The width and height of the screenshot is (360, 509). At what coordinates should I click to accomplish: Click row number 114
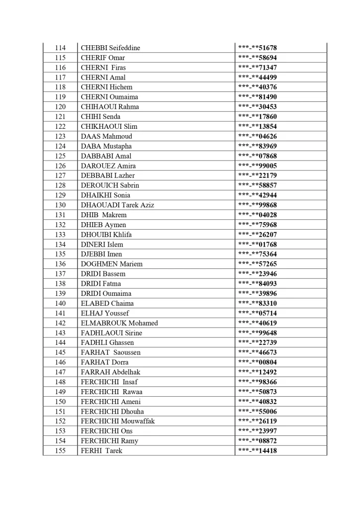click(60, 48)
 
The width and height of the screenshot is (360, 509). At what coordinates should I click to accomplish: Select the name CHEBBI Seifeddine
click(110, 48)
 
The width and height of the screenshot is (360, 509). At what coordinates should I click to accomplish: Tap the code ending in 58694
click(258, 58)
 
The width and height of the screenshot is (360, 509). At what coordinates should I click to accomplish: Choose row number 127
click(60, 175)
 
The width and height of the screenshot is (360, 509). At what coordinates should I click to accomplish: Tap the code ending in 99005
click(258, 166)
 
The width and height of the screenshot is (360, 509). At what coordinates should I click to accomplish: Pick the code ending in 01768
click(258, 244)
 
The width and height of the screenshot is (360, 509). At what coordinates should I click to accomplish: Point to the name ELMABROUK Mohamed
click(119, 323)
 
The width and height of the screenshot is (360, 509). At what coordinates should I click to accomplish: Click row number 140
click(60, 303)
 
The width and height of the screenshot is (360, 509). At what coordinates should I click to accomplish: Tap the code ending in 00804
click(258, 362)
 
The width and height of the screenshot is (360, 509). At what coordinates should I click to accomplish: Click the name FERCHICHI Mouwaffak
click(118, 421)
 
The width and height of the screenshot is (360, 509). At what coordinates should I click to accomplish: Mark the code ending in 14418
click(258, 451)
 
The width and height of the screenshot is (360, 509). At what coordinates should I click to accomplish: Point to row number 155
click(60, 451)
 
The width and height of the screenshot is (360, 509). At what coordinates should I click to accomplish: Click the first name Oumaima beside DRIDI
click(116, 293)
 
